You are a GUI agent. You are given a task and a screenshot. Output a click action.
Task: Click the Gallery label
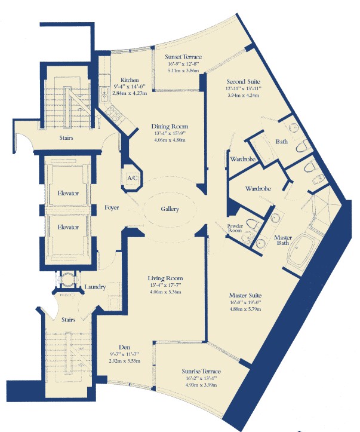pyautogui.click(x=170, y=209)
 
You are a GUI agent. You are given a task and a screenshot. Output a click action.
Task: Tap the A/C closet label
pyautogui.click(x=133, y=178)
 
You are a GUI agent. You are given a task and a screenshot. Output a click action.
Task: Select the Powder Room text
pyautogui.click(x=235, y=228)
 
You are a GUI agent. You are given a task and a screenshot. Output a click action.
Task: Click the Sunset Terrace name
pyautogui.click(x=183, y=57)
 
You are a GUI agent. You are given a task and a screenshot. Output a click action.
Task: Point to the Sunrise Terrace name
pyautogui.click(x=201, y=371)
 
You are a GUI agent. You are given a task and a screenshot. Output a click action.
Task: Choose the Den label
pyautogui.click(x=124, y=347)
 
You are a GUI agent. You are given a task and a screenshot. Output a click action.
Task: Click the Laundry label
pyautogui.click(x=95, y=287)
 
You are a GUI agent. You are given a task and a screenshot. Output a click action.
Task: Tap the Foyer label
pyautogui.click(x=112, y=207)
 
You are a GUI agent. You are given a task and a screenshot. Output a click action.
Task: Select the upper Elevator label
pyautogui.click(x=68, y=193)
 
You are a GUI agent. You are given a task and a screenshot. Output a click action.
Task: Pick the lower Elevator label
pyautogui.click(x=68, y=227)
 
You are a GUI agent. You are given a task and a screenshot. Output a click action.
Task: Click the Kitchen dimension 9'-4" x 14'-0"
pyautogui.click(x=130, y=87)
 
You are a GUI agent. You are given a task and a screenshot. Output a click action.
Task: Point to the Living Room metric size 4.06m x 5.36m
pyautogui.click(x=165, y=292)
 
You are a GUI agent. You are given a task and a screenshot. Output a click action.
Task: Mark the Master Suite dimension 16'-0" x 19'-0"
pyautogui.click(x=245, y=302)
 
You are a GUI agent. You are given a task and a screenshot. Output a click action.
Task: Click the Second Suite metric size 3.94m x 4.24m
pyautogui.click(x=244, y=96)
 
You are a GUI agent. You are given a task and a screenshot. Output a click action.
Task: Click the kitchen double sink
pyautogui.click(x=104, y=94)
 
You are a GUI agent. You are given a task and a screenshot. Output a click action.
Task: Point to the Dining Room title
pyautogui.click(x=170, y=127)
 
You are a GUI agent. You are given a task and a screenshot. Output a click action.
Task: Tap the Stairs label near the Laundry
pyautogui.click(x=68, y=320)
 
